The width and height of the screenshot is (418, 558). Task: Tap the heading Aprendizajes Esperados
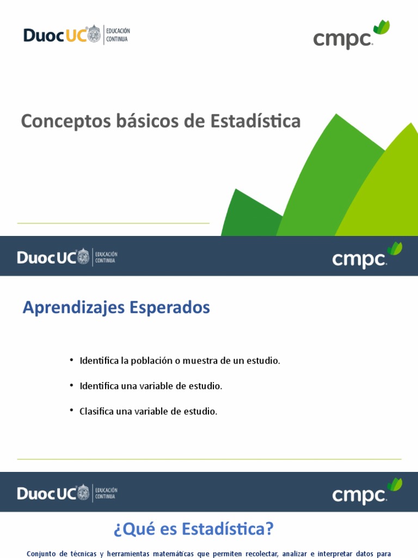(x=116, y=307)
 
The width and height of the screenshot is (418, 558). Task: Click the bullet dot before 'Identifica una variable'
(x=71, y=385)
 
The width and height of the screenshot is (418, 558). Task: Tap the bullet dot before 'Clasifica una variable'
(x=71, y=410)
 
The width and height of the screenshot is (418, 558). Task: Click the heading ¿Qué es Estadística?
(x=194, y=529)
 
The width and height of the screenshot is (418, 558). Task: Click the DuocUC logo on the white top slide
(x=62, y=35)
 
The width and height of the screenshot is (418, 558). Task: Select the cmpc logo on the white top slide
(x=343, y=39)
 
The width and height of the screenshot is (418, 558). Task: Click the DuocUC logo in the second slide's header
(x=53, y=257)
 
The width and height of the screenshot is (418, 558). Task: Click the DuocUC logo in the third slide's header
(x=53, y=493)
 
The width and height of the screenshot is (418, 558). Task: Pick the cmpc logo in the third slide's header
(x=360, y=495)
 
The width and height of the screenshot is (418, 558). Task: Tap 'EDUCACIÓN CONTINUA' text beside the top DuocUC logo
(x=118, y=35)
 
